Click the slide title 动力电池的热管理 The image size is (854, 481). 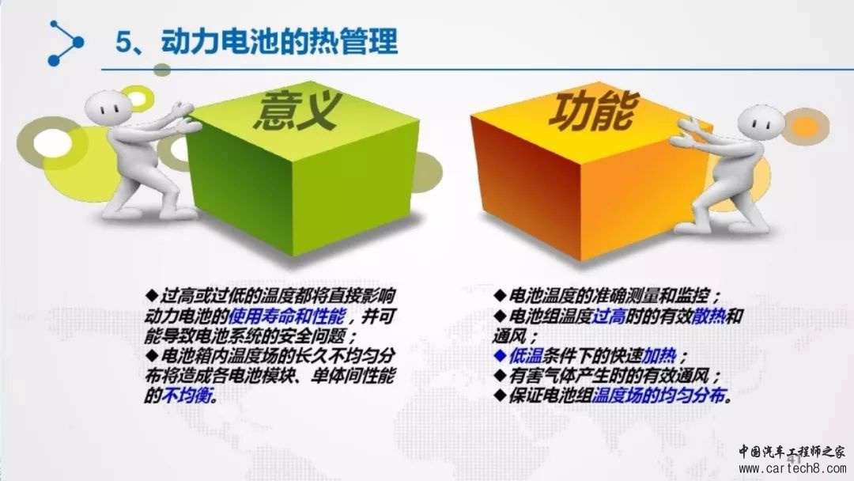[x=279, y=41]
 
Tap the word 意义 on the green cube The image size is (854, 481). [x=297, y=111]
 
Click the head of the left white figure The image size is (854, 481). [x=108, y=108]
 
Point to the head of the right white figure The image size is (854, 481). [x=761, y=123]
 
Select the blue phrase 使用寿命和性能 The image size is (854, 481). [x=286, y=316]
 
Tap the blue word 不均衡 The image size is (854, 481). [x=187, y=395]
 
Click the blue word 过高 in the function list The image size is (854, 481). [x=608, y=316]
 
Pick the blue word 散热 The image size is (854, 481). [x=709, y=316]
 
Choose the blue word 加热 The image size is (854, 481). [x=659, y=356]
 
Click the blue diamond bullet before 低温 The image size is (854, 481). [x=500, y=356]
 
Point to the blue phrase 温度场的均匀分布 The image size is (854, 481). [x=659, y=395]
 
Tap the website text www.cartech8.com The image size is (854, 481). [x=792, y=468]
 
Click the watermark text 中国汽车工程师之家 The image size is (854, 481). [x=792, y=452]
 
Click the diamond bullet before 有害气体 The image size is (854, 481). [x=500, y=375]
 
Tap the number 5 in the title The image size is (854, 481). [x=123, y=42]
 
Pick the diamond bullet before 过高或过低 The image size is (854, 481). [x=152, y=296]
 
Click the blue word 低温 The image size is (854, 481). [x=525, y=356]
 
